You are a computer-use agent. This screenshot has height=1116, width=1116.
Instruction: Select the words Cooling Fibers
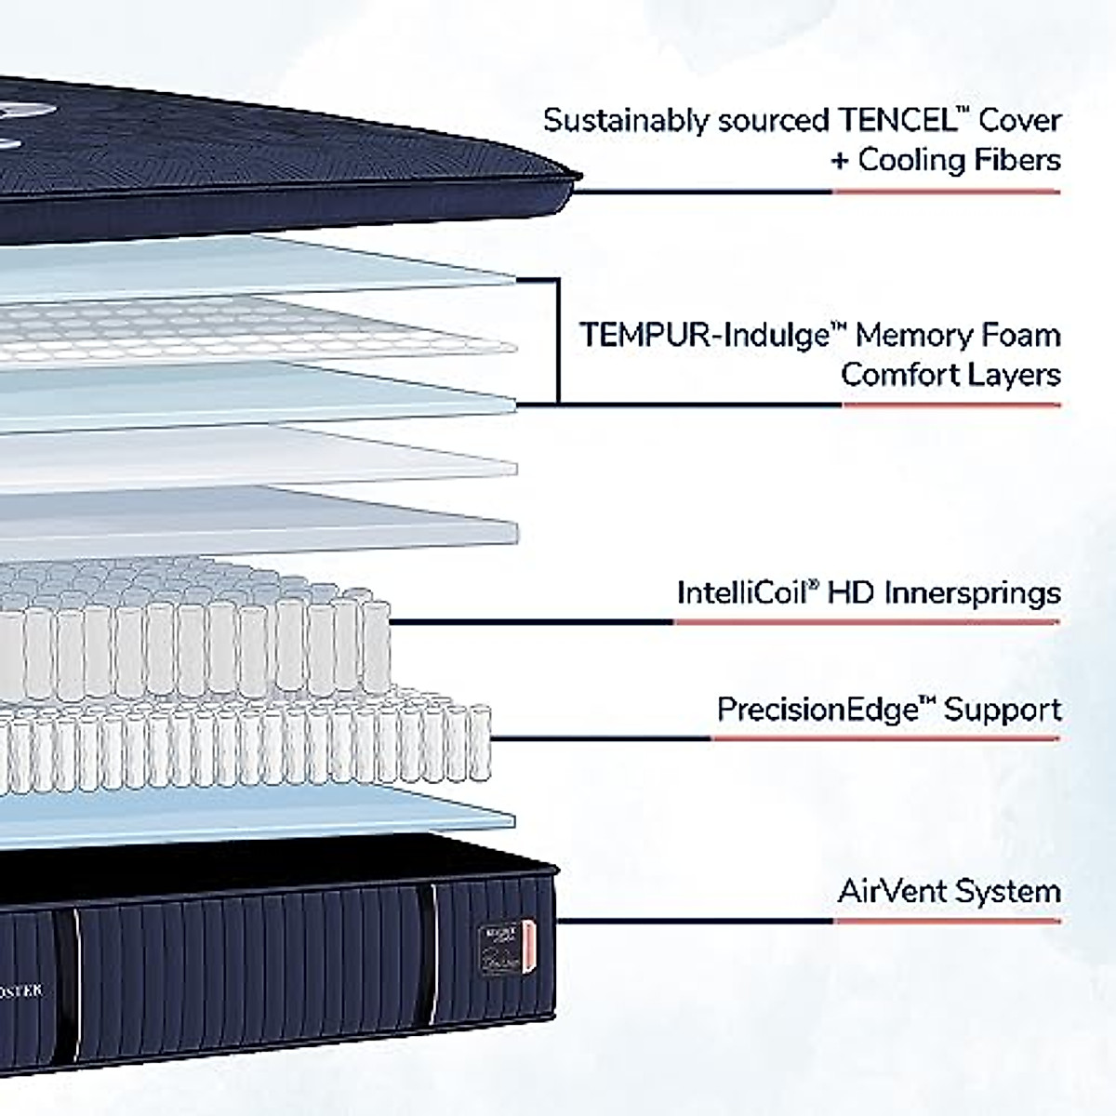pos(959,160)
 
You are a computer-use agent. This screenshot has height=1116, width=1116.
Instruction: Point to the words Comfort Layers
pos(950,375)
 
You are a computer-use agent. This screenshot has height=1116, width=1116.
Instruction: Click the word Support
pos(1002,710)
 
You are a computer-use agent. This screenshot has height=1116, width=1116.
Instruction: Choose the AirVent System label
pos(949,891)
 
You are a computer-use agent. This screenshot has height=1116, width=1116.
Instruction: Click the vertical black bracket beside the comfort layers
pos(557,340)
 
